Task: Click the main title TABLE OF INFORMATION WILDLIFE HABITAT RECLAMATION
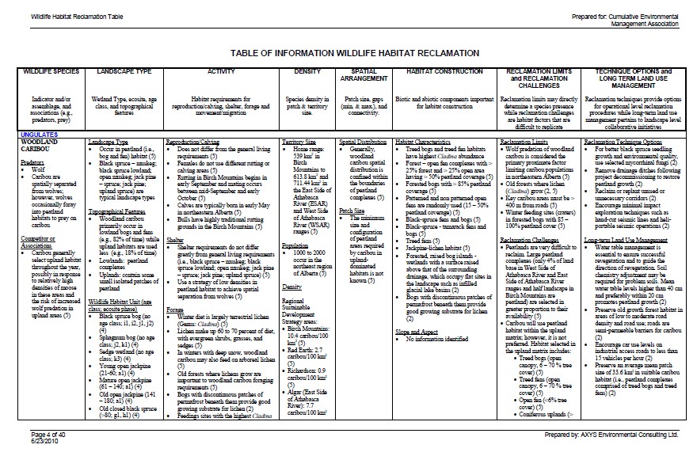[354, 52]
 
